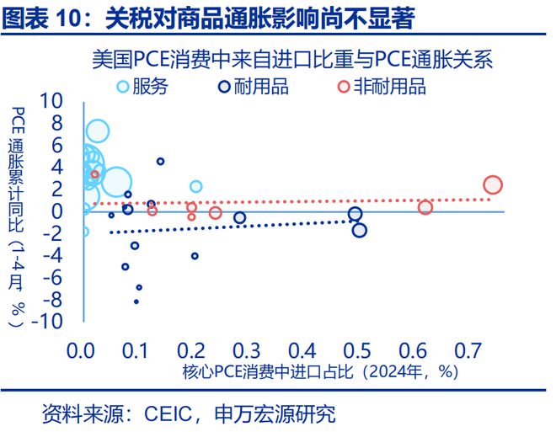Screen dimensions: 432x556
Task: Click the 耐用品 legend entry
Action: point(248,86)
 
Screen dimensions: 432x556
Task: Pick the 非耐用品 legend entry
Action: point(381,86)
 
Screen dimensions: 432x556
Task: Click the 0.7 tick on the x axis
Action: point(467,349)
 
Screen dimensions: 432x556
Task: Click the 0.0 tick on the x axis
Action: point(83,349)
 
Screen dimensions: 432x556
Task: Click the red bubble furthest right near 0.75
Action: point(493,185)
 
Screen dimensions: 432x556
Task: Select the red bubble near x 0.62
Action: point(425,207)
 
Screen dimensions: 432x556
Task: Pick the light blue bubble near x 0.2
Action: point(195,186)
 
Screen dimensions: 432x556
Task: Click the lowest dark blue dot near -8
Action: point(136,301)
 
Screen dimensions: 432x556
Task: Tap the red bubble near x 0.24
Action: point(215,213)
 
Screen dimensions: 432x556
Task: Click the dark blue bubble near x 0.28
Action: point(239,218)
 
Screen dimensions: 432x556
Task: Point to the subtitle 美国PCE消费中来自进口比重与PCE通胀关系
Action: point(291,61)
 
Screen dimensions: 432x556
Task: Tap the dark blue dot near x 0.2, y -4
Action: point(195,256)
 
